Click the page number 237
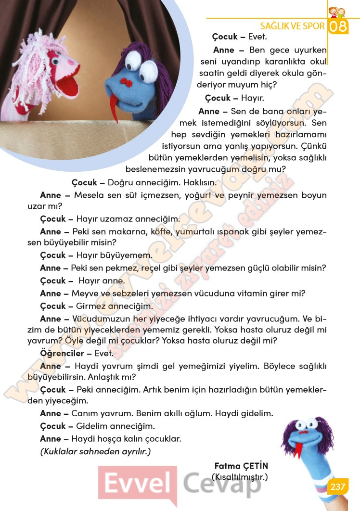coord(337,487)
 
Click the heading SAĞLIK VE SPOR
coord(292,26)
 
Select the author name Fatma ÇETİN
coord(241,466)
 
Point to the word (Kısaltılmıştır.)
coord(239,477)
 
